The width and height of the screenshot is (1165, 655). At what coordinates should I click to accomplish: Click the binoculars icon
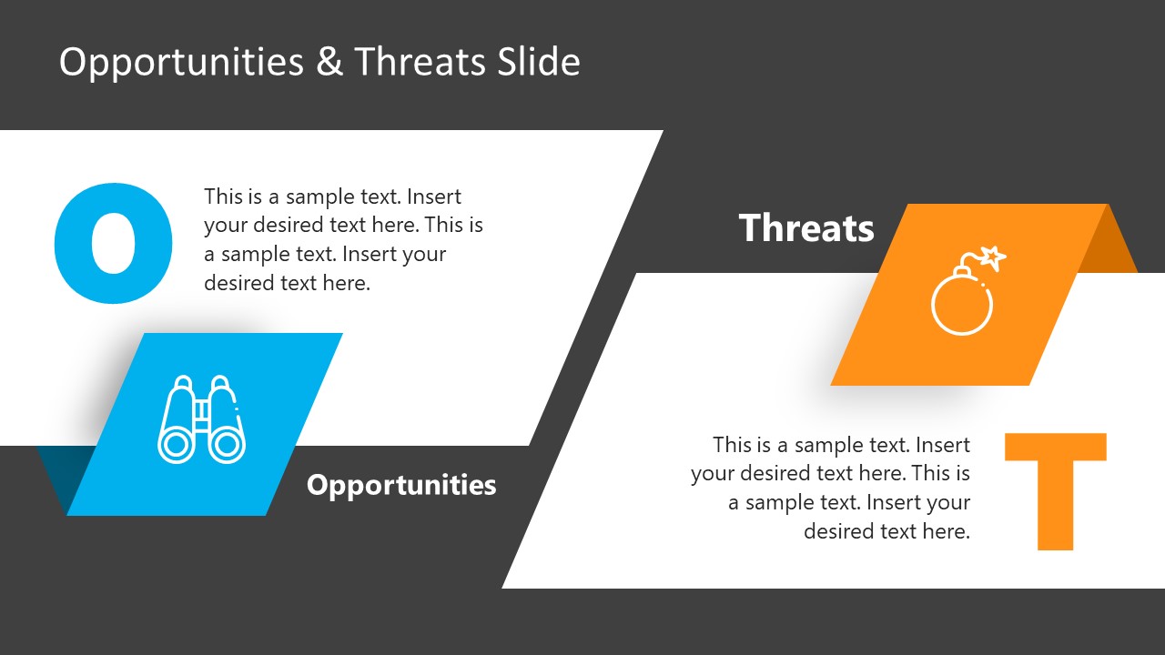[202, 419]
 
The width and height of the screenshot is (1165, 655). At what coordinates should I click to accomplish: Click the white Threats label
[806, 227]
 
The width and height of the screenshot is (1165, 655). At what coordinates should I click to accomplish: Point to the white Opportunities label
[401, 485]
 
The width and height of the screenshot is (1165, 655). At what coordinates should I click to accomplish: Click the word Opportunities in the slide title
[181, 62]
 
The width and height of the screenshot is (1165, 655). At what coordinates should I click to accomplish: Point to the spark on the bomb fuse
[995, 257]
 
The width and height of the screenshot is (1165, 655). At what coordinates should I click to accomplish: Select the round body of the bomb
[962, 304]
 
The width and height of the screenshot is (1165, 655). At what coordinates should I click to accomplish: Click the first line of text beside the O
[332, 196]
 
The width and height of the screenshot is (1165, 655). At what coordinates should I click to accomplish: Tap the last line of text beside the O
[287, 283]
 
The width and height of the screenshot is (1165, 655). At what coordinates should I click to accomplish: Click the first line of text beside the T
[841, 445]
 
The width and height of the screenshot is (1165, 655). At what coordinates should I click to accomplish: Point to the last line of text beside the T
[886, 531]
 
